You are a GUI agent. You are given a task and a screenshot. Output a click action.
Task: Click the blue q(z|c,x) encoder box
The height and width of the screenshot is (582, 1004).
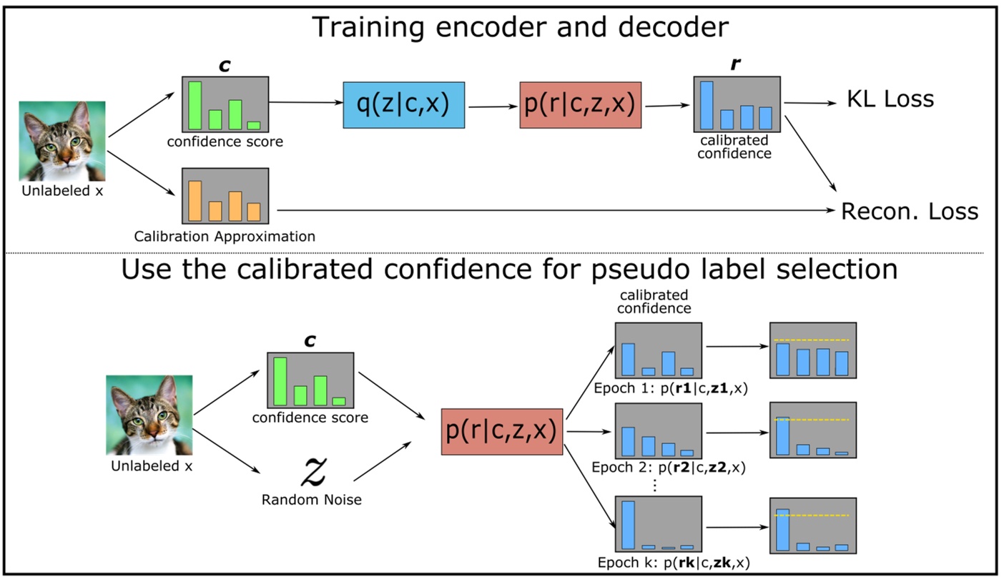pyautogui.click(x=404, y=106)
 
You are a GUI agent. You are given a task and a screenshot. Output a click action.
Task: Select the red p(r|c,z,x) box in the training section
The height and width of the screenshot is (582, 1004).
pyautogui.click(x=581, y=105)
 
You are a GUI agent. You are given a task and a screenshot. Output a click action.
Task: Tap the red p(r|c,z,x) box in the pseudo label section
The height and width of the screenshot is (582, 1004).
pyautogui.click(x=502, y=432)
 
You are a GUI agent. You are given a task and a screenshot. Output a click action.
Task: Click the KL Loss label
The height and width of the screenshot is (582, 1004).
pyautogui.click(x=890, y=99)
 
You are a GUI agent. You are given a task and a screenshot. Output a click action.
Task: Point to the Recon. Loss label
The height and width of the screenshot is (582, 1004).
pyautogui.click(x=909, y=212)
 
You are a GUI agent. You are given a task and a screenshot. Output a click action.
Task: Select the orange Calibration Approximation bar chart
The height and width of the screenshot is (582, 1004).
pyautogui.click(x=225, y=195)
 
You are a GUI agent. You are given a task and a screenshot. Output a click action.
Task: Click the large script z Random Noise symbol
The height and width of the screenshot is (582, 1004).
pyautogui.click(x=312, y=470)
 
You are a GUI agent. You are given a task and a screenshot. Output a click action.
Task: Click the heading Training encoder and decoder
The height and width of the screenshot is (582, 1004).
pyautogui.click(x=521, y=27)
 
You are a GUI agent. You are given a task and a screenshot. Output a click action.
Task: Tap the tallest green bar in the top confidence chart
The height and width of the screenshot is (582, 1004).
pyautogui.click(x=195, y=105)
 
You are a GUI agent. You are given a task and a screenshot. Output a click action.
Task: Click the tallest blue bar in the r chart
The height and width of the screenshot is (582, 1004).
pyautogui.click(x=707, y=105)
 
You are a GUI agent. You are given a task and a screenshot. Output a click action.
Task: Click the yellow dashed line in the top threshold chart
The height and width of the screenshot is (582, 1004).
pyautogui.click(x=812, y=340)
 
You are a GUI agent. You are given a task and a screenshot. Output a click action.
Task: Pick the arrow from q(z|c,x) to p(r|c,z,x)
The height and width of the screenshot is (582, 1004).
pyautogui.click(x=493, y=107)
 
